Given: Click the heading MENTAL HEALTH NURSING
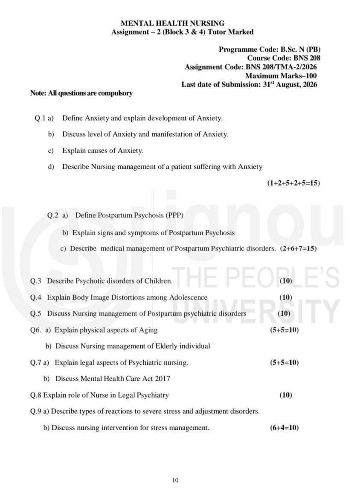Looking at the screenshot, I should (x=173, y=23).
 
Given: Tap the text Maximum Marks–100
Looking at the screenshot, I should (x=281, y=76).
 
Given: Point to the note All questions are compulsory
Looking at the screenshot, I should (x=81, y=93).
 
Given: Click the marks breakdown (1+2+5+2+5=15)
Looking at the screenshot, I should (x=293, y=183).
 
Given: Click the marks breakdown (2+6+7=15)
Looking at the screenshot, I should (x=298, y=248).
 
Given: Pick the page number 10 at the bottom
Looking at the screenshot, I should (x=175, y=480).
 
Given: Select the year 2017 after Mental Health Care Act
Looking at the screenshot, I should (x=163, y=379).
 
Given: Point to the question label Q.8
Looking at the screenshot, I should (x=36, y=395).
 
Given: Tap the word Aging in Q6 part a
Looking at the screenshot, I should (x=148, y=330).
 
